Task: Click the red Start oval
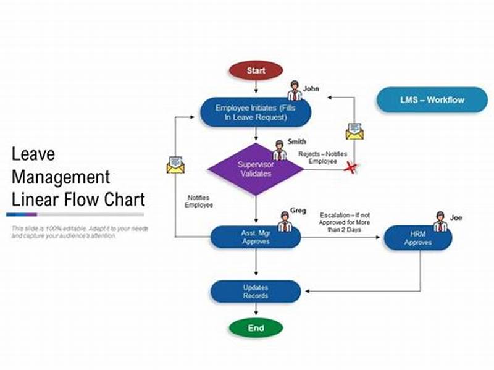(x=256, y=70)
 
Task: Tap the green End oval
(x=256, y=328)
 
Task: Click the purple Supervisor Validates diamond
(x=256, y=169)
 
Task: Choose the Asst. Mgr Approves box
(x=255, y=238)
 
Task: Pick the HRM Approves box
(x=417, y=238)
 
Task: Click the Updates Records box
(x=255, y=292)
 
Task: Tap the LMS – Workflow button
(x=432, y=99)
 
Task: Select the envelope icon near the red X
(x=354, y=131)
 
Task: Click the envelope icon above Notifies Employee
(x=175, y=164)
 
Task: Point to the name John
(x=311, y=88)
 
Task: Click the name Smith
(x=296, y=141)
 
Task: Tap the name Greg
(x=298, y=211)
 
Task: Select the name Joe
(x=456, y=217)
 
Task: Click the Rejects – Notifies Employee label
(x=322, y=158)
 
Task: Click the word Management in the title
(x=61, y=177)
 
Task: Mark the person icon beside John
(x=295, y=91)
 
